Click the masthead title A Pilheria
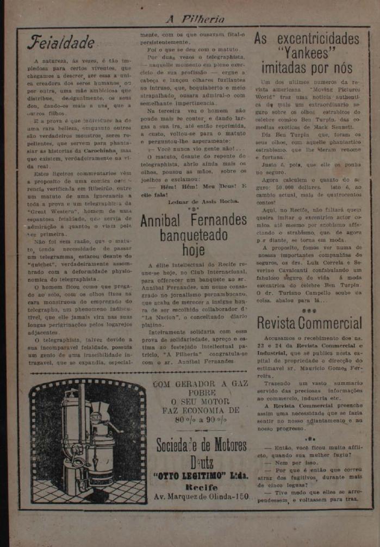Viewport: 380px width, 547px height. pyautogui.click(x=195, y=19)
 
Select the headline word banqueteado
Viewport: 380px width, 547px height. pyautogui.click(x=194, y=236)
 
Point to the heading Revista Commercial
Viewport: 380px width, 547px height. pyautogui.click(x=309, y=323)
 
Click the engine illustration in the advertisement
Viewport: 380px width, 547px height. pyautogui.click(x=87, y=442)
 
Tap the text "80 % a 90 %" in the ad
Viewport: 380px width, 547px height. pyautogui.click(x=200, y=419)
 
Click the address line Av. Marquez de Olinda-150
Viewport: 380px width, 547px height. pyautogui.click(x=202, y=496)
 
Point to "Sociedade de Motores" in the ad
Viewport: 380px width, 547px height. pyautogui.click(x=201, y=445)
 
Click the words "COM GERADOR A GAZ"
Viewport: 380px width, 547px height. pyautogui.click(x=200, y=384)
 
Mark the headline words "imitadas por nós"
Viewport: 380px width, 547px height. pyautogui.click(x=307, y=69)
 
